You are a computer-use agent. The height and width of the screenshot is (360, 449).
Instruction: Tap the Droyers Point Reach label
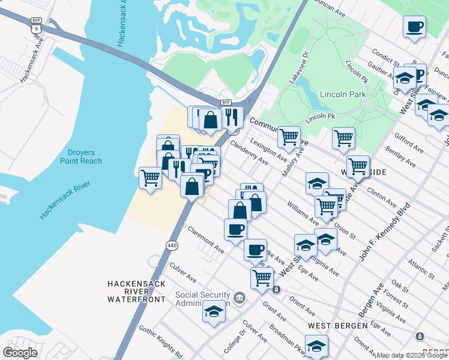81,157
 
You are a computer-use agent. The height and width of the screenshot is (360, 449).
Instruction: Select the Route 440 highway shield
172,245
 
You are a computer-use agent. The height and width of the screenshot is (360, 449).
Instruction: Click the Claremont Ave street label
206,239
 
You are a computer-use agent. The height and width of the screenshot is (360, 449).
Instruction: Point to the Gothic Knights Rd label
160,340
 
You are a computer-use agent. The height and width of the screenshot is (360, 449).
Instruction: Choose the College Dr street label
235,340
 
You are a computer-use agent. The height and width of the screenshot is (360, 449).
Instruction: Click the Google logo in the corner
20,352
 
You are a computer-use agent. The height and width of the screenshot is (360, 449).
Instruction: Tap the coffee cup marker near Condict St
414,27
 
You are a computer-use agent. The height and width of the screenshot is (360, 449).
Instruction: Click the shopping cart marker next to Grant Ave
262,278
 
